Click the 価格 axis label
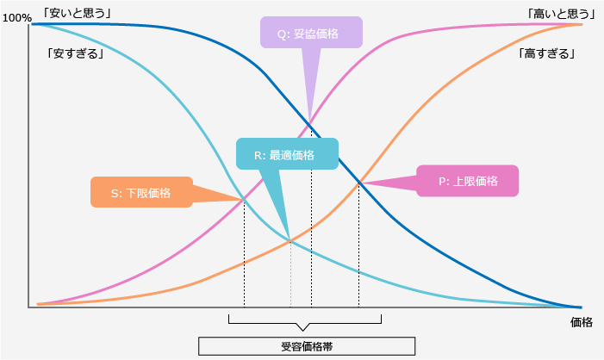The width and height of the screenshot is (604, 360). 582,322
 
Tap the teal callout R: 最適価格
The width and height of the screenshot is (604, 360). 287,155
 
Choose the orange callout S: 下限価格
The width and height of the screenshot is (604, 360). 141,192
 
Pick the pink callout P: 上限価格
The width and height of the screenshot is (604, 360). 467,181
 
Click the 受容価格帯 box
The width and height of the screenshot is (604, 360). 307,346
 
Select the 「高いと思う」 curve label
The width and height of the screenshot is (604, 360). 561,12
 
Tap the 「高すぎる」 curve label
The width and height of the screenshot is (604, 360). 547,53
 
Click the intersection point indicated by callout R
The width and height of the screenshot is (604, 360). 290,240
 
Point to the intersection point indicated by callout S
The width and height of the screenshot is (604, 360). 244,200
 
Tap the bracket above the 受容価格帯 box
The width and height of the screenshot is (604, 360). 303,322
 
